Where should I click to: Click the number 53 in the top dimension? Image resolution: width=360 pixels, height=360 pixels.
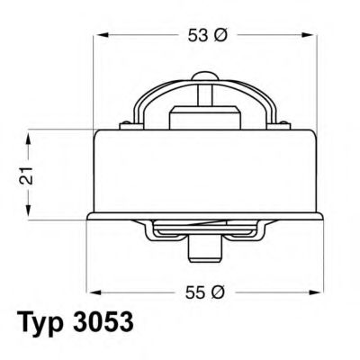[199, 35]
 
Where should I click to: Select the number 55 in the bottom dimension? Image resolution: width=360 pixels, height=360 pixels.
[196, 292]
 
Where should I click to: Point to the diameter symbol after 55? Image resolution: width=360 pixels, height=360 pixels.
[219, 292]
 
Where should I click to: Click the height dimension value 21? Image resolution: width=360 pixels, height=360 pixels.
[28, 175]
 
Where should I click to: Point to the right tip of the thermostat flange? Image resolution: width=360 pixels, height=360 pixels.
[321, 216]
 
